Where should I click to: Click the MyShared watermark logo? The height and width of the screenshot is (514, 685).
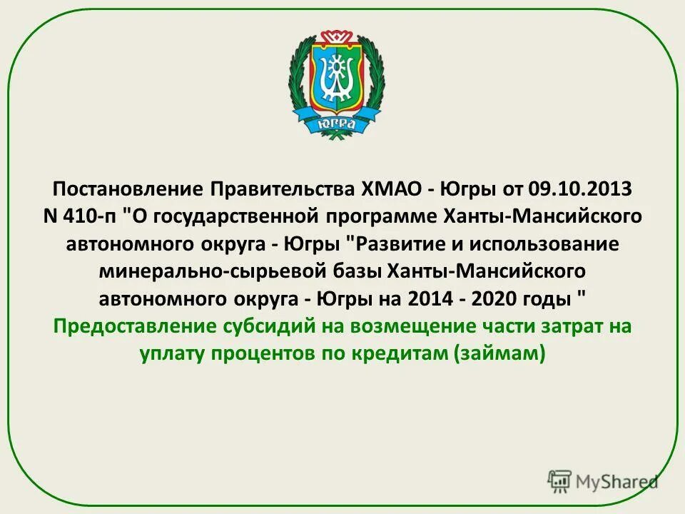[603, 480]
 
